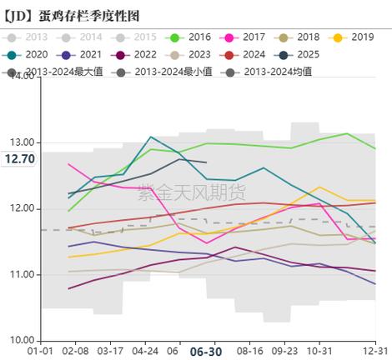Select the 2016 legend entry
[193, 37]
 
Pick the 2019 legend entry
[354, 37]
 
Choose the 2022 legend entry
[135, 54]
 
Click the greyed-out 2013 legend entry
[29, 37]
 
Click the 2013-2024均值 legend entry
[271, 71]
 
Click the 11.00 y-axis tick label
[23, 274]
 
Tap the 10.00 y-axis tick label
[23, 340]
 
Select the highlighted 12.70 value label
[18, 158]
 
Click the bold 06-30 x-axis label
[206, 352]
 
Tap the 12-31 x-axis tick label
[375, 352]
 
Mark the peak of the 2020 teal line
[151, 137]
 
